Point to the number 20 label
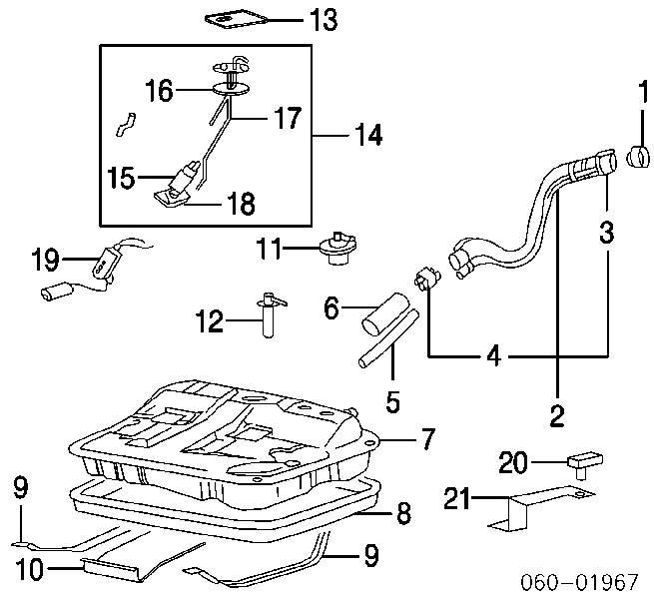click(x=512, y=461)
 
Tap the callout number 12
click(x=210, y=321)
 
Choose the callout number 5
click(x=392, y=401)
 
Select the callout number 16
click(x=159, y=92)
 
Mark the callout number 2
click(x=557, y=413)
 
